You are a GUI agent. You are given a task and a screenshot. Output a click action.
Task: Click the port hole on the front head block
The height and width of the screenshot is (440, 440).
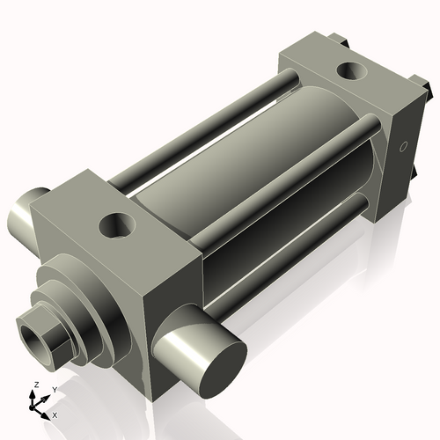click(x=117, y=226)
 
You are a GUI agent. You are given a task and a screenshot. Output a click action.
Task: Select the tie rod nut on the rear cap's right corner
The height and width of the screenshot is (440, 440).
click(x=422, y=87)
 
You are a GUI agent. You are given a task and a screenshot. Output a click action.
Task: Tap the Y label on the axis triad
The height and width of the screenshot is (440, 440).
click(x=55, y=389)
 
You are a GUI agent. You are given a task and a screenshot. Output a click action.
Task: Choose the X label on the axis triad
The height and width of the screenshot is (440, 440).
click(x=55, y=414)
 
